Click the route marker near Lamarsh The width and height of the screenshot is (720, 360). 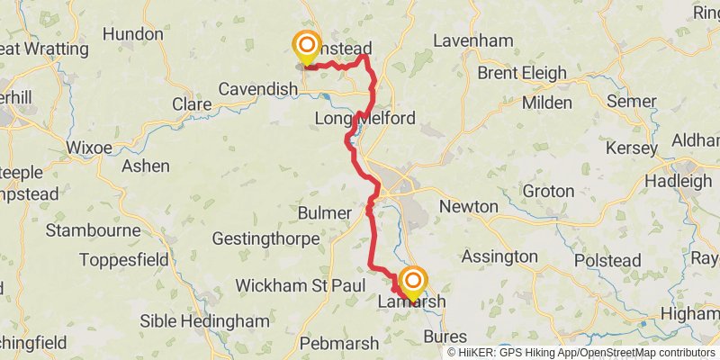point(413,282)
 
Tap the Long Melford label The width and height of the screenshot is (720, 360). point(364,119)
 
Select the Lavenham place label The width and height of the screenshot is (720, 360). point(472,40)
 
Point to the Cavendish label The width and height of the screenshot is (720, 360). point(258,89)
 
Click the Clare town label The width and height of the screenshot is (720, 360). point(192,104)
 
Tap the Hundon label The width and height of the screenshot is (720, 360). point(133,34)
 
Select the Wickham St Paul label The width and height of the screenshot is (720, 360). point(300,285)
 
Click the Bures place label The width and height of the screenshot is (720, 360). point(445,336)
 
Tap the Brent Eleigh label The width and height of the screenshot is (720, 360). point(522,73)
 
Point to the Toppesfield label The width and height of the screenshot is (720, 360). point(126,260)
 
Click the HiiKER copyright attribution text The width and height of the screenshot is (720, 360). point(580,353)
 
